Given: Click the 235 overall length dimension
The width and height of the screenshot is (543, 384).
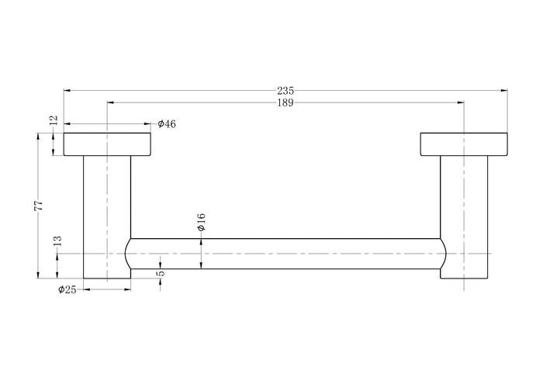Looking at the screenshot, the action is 285,91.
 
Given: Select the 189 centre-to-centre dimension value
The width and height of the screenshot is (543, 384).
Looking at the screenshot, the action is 285,103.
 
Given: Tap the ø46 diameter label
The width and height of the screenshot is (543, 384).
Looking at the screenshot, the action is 167,124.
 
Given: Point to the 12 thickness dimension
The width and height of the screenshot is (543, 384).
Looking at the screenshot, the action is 54,119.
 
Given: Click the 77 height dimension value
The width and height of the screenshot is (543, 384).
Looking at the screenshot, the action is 39,206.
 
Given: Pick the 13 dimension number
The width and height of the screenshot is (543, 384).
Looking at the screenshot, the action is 57,241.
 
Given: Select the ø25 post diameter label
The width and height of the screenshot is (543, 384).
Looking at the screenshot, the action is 67,289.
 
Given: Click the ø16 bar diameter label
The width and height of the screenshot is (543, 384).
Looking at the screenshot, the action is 201,222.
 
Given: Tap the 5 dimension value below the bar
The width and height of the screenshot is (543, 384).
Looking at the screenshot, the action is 161,274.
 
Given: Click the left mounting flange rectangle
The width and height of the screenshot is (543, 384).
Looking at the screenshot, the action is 107,144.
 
